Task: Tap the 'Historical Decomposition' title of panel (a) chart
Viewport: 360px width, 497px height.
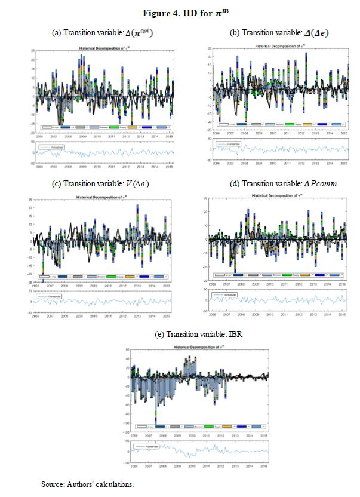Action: (x=102, y=47)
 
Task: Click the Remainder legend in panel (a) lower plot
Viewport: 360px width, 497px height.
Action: (x=53, y=146)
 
